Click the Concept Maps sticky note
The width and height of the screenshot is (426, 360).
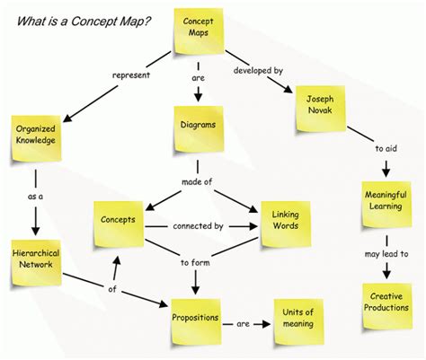coord(199,31)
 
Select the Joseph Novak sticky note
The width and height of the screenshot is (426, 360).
coord(321,109)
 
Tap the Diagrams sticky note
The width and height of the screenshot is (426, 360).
coord(199,129)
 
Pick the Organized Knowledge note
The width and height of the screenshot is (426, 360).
coord(37,138)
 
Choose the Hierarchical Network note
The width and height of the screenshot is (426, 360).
coord(37,262)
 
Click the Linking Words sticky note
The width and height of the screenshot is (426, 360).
coord(286,224)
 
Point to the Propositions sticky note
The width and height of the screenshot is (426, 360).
coord(196,321)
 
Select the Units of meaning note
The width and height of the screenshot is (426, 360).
coord(298,321)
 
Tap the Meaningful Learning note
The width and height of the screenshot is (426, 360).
coord(386,204)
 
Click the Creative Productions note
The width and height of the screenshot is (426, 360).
coord(387,306)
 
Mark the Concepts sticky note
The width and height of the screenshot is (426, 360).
coord(119,224)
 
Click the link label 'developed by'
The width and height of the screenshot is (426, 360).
coord(258,71)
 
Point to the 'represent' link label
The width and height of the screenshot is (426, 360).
coord(131,75)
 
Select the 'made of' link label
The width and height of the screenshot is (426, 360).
coord(197,181)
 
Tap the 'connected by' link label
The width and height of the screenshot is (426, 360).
coord(198,226)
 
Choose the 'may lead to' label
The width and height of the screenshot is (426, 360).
coord(386,254)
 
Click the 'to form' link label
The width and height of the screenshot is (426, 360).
coord(195,263)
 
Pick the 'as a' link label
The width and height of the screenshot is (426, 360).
coord(35,197)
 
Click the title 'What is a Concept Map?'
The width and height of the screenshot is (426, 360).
coord(84,22)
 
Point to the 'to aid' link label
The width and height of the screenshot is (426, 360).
coord(386,148)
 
